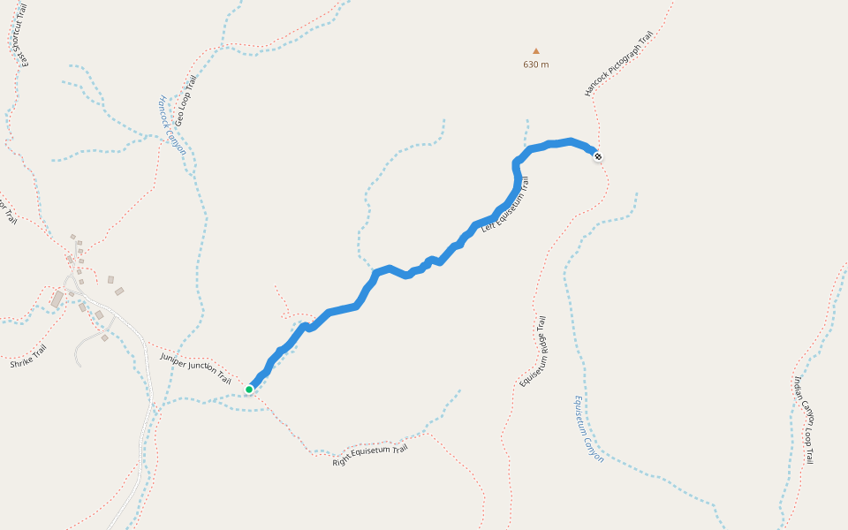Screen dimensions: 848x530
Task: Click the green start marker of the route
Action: (249, 389)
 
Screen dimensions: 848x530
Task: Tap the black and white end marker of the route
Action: (598, 157)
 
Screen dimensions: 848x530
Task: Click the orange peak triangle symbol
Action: (535, 51)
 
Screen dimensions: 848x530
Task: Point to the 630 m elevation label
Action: (535, 64)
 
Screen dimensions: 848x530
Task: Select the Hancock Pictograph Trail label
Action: (618, 64)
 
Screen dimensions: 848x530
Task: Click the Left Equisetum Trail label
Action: (505, 205)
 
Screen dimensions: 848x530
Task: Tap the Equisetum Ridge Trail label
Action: (534, 352)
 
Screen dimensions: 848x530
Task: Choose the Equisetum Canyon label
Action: (588, 429)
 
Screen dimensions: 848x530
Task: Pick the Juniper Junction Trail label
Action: (195, 368)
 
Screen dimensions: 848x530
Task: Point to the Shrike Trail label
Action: (28, 357)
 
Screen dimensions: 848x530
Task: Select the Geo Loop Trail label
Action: (185, 100)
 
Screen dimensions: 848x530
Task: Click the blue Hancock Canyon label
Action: (171, 125)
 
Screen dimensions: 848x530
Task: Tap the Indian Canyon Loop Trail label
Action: (804, 420)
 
